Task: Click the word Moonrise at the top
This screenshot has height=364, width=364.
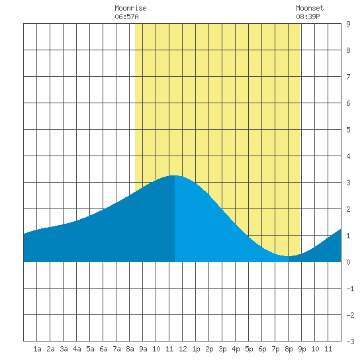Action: (x=130, y=8)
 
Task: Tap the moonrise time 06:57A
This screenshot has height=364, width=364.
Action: (x=126, y=17)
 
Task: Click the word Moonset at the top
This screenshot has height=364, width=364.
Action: (x=310, y=8)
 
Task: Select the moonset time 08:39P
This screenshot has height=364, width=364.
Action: (x=308, y=17)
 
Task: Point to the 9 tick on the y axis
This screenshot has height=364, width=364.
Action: (x=348, y=24)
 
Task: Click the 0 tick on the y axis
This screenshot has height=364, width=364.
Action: (x=348, y=262)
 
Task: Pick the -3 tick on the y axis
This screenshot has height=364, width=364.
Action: (x=350, y=341)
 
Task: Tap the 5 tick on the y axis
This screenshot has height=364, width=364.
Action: (x=348, y=130)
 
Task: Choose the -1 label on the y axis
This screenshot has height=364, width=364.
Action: (x=350, y=289)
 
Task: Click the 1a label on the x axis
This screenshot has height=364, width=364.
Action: (x=37, y=349)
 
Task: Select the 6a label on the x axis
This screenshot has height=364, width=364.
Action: (x=103, y=349)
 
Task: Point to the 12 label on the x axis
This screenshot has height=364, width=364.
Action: (x=183, y=349)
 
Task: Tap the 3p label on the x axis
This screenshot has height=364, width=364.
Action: (x=222, y=349)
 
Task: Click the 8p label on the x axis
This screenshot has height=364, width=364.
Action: (x=289, y=349)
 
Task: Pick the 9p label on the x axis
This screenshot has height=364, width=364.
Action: (x=302, y=349)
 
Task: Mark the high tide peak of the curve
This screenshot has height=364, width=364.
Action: (x=174, y=175)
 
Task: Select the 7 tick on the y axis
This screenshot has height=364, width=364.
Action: (x=348, y=77)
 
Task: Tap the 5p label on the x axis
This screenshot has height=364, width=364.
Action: (x=249, y=349)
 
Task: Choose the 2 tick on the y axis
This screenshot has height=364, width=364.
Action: (x=348, y=209)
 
